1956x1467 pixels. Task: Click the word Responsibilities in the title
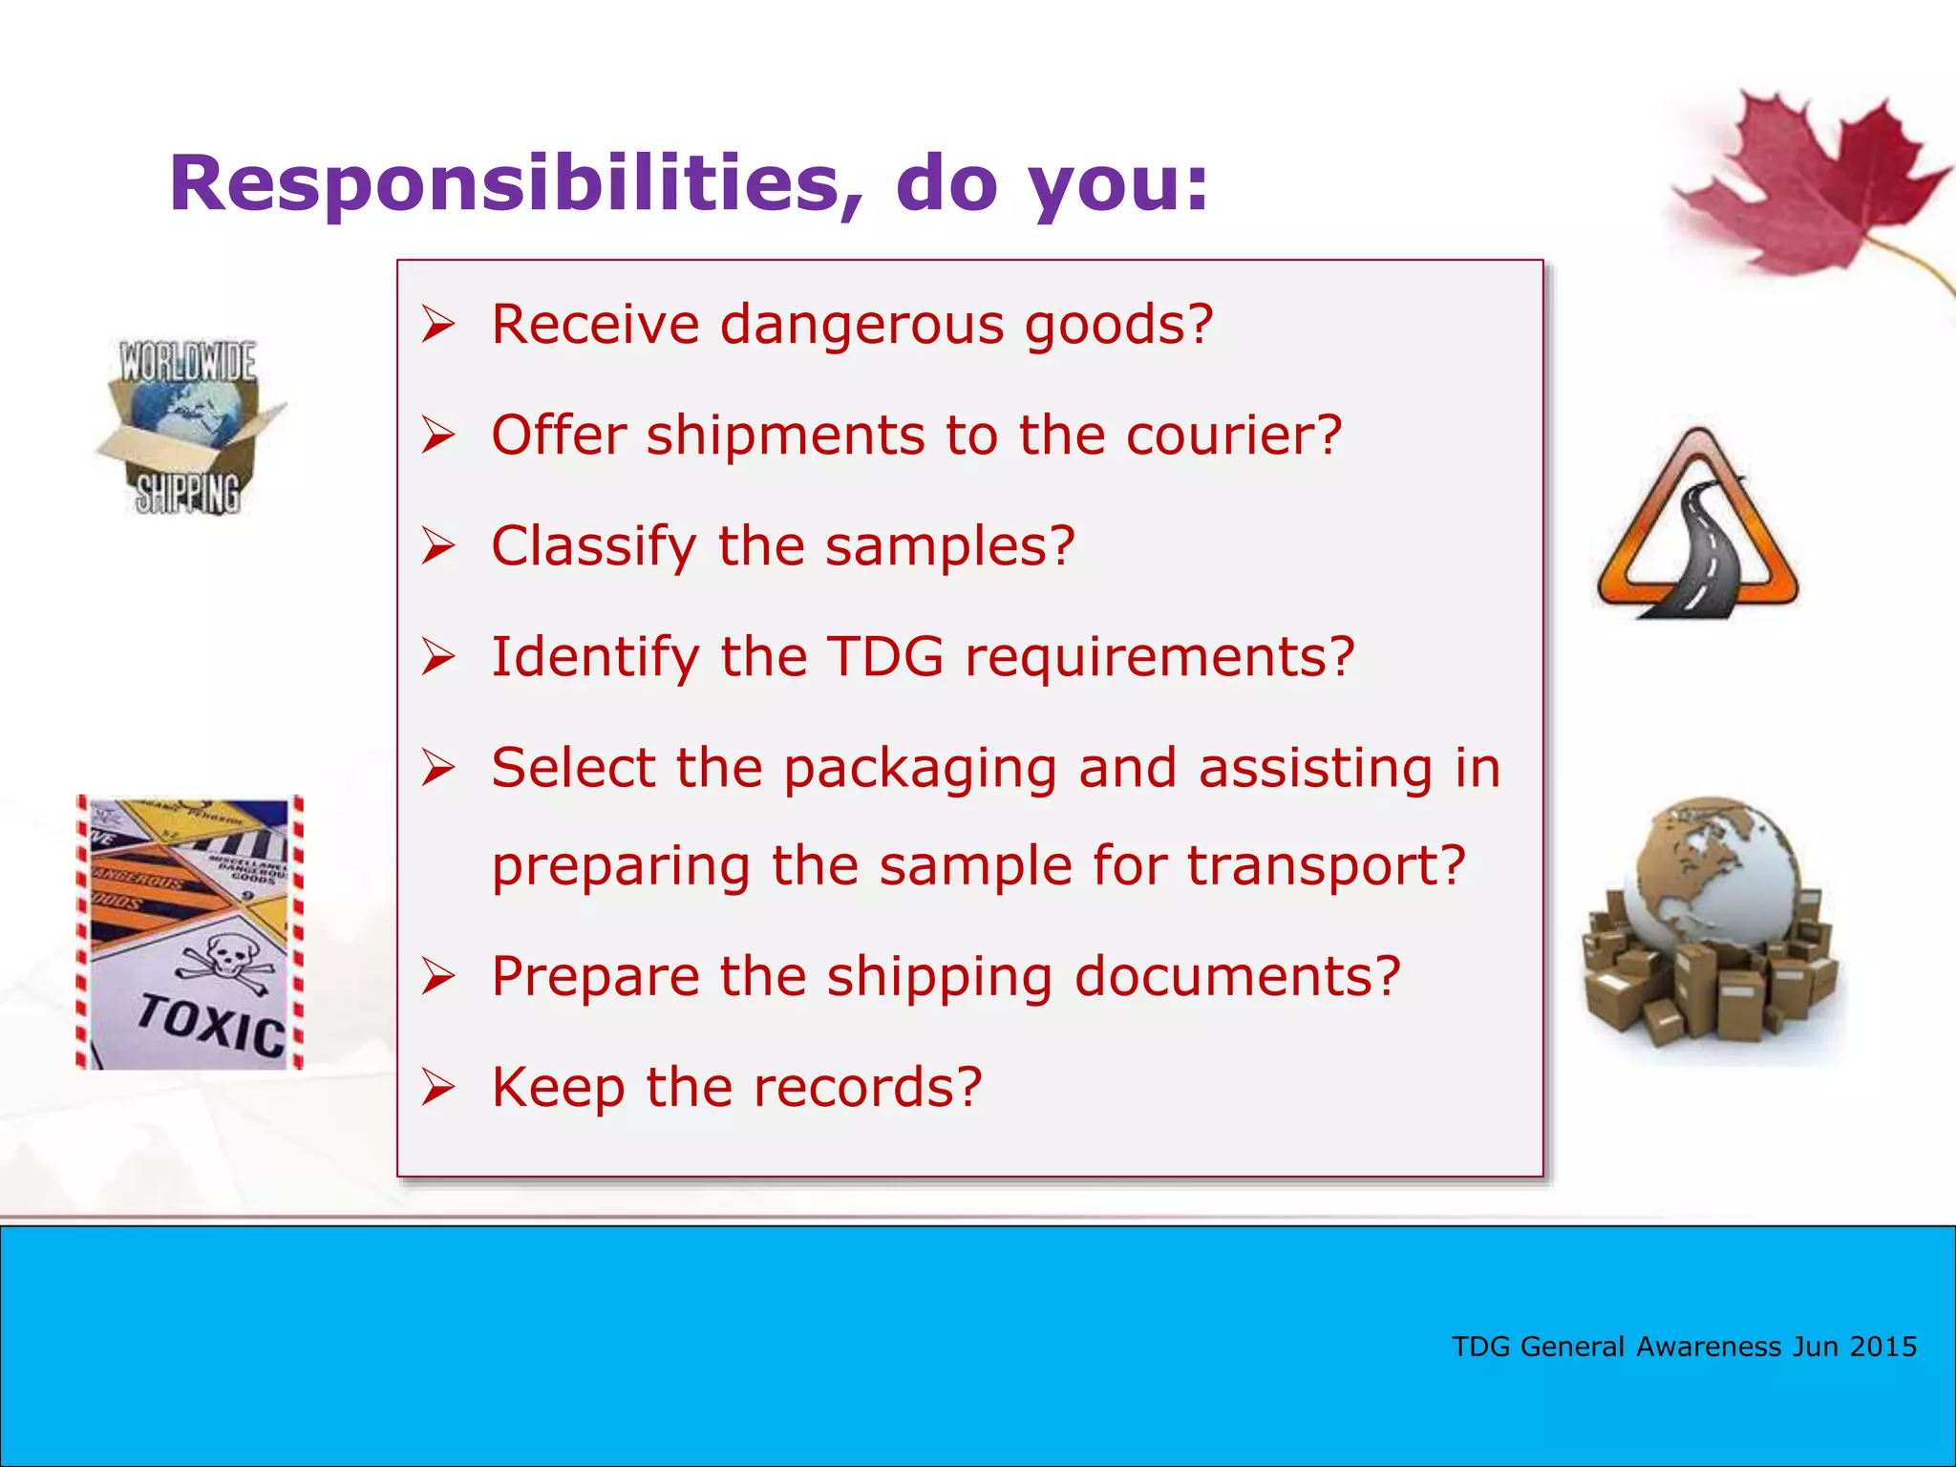click(x=504, y=183)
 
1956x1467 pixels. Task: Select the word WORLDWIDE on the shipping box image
click(x=187, y=362)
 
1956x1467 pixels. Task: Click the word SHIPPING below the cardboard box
click(x=187, y=494)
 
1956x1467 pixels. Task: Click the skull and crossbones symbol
click(x=225, y=958)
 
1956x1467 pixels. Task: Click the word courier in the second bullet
click(x=1233, y=436)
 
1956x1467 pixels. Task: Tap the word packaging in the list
click(x=920, y=770)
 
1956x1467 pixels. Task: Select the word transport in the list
click(x=1326, y=866)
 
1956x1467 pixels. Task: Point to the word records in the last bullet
click(x=867, y=1088)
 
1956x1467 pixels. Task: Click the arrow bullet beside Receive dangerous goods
click(x=438, y=326)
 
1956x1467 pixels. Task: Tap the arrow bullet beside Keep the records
click(x=438, y=1088)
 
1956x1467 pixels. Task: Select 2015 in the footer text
click(x=1882, y=1347)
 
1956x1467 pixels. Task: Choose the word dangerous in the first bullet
click(x=861, y=326)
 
